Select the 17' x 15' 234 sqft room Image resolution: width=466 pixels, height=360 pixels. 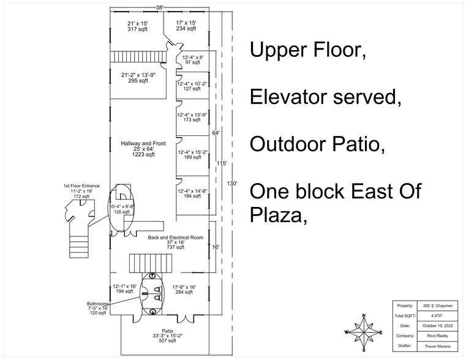(x=187, y=26)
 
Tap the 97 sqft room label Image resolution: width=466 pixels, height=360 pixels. (x=192, y=60)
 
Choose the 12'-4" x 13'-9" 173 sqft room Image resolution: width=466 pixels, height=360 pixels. (x=192, y=118)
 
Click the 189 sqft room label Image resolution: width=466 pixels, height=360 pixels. (x=192, y=154)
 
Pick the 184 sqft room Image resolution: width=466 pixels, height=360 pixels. (x=192, y=194)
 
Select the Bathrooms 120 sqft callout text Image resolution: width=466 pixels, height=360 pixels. (x=98, y=308)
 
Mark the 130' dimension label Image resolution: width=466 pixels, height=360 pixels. (x=232, y=183)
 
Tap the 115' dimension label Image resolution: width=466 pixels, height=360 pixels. (x=222, y=163)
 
